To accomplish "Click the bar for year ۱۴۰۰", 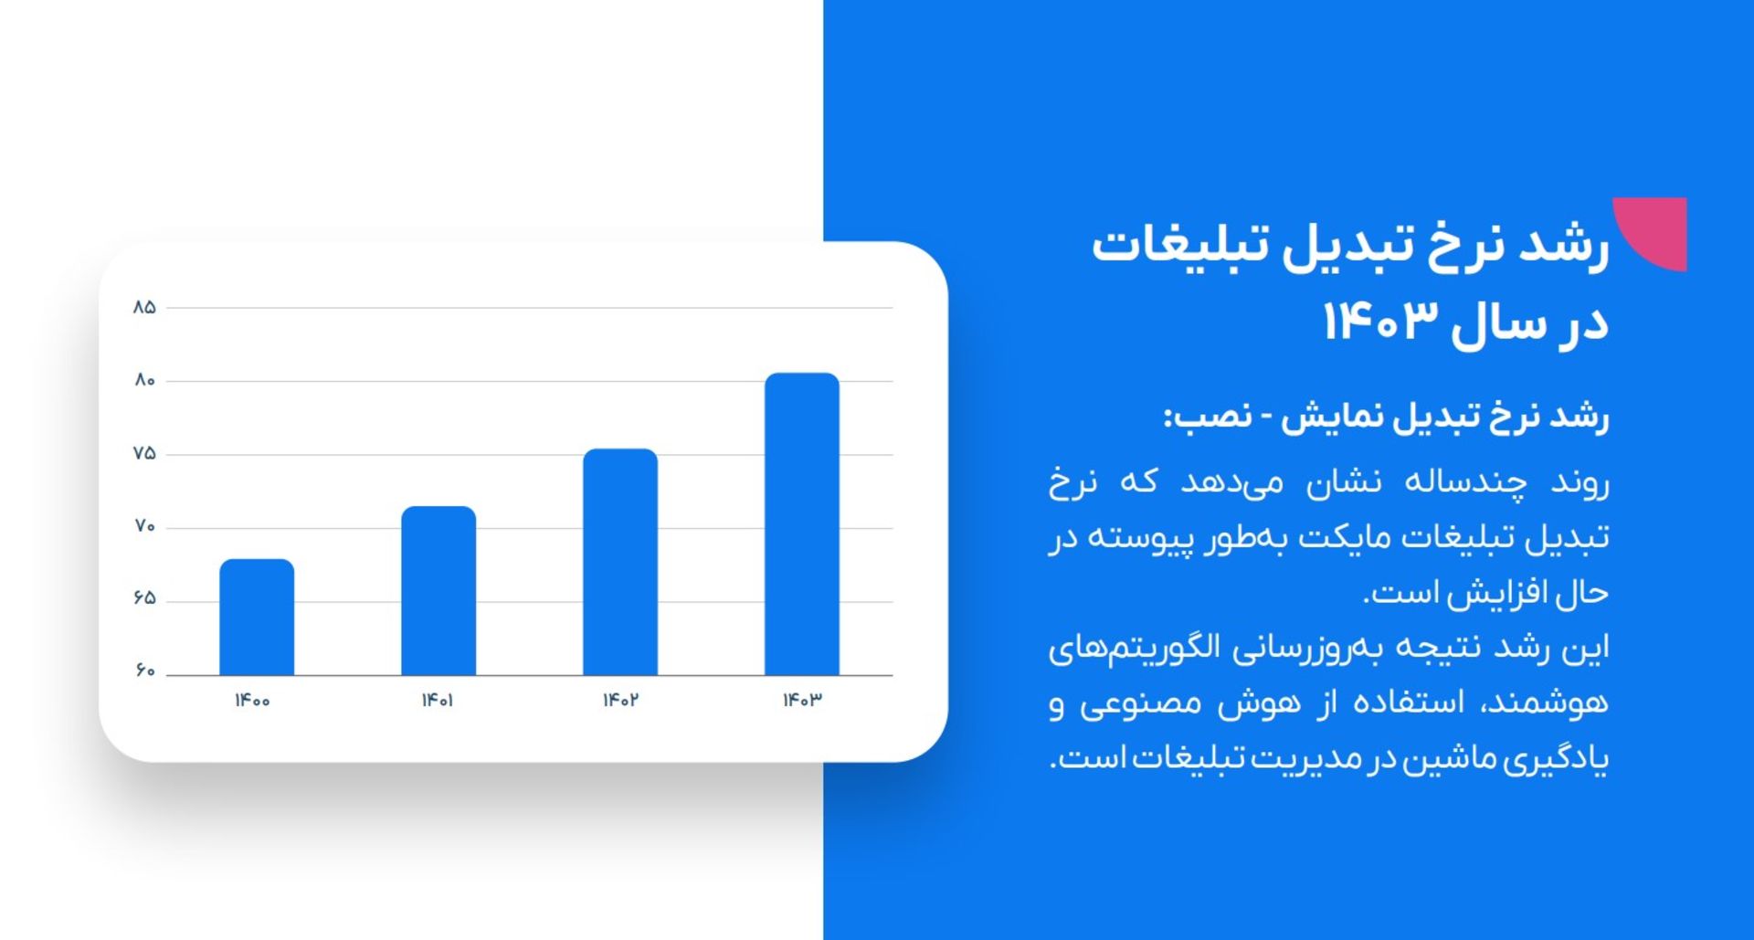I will pos(257,618).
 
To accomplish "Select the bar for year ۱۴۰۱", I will pos(438,591).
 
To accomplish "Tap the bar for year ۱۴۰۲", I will pos(620,562).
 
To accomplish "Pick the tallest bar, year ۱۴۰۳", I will pos(802,524).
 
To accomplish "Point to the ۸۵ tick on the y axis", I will pos(144,308).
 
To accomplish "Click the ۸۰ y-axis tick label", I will pos(144,380).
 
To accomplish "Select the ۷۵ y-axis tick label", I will pos(144,453).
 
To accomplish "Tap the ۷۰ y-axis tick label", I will pos(144,526).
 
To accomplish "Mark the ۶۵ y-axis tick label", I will pos(144,598).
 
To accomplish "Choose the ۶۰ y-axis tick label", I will pos(144,671).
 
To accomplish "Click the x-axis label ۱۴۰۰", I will pos(252,701).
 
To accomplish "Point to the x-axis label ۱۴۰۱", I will pos(438,701).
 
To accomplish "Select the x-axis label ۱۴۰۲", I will pos(620,701).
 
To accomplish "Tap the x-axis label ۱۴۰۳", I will pos(802,701).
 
